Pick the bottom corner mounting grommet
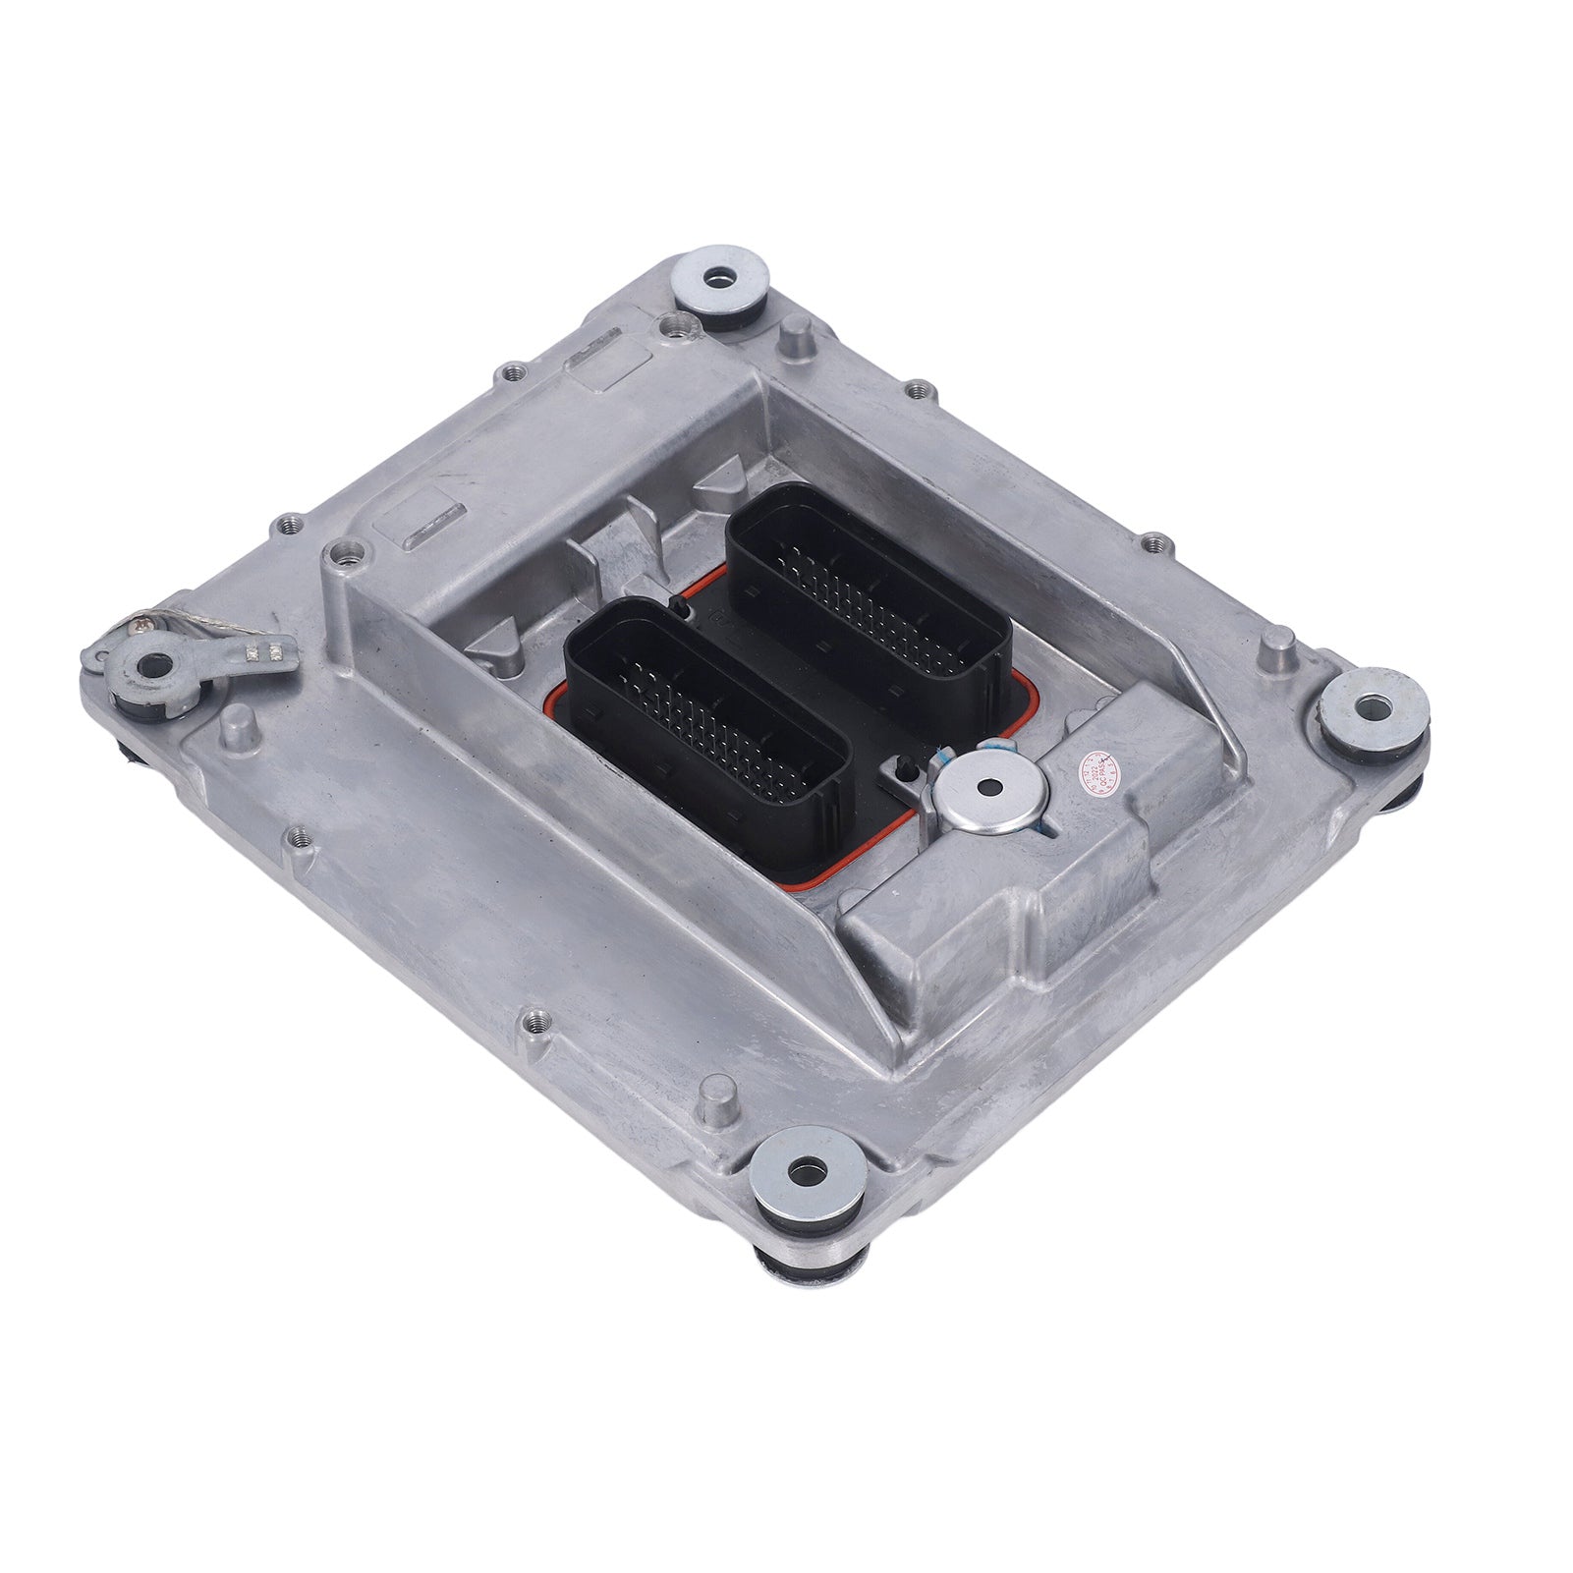click(807, 1171)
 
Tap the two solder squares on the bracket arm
click(270, 649)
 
